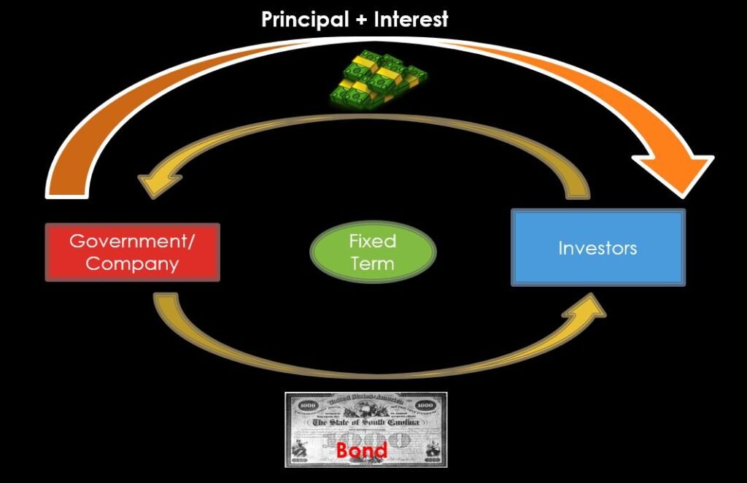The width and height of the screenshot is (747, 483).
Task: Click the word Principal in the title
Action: (305, 20)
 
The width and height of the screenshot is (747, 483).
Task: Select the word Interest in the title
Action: (411, 20)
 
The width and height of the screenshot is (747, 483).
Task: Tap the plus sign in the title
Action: (361, 20)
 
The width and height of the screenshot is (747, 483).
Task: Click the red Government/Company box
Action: (132, 252)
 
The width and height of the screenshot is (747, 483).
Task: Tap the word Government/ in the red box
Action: (132, 241)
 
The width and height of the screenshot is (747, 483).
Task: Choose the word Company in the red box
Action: (132, 263)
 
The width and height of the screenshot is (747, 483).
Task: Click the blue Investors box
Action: (597, 248)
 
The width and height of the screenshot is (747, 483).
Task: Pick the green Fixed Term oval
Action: (373, 252)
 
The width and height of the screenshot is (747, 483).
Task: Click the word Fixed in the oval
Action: (373, 241)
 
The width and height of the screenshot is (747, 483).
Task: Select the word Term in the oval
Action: (373, 263)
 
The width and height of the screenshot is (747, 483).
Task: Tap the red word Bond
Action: (362, 450)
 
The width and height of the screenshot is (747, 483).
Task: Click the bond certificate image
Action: (365, 429)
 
